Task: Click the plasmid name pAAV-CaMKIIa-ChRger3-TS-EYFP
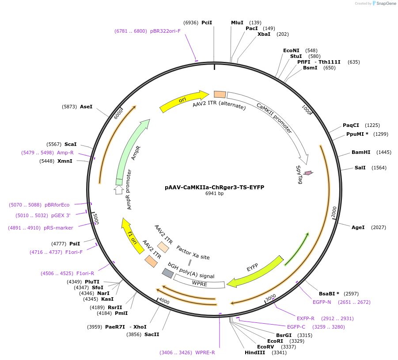click(x=214, y=187)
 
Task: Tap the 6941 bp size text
click(x=214, y=193)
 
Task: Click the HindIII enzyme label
click(x=255, y=352)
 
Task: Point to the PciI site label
click(x=207, y=22)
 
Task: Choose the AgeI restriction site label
click(x=358, y=227)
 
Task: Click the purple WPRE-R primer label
click(x=205, y=352)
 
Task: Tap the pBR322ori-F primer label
click(x=165, y=31)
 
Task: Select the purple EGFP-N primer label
click(x=322, y=302)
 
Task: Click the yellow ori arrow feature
click(x=183, y=101)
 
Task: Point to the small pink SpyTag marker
click(x=308, y=173)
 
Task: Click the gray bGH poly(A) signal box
click(x=168, y=273)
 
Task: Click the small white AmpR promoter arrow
click(x=118, y=190)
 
